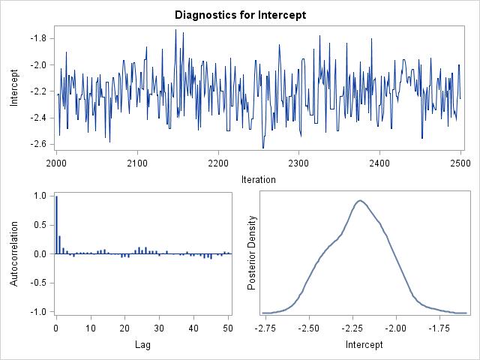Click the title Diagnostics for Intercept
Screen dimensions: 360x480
click(x=240, y=14)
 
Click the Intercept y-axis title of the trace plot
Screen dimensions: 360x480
click(x=14, y=88)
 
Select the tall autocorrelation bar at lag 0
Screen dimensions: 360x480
click(x=56, y=225)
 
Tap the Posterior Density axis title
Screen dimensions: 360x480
click(x=253, y=253)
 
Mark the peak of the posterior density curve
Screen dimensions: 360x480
click(x=361, y=200)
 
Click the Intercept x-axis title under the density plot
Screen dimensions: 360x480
click(x=364, y=345)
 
